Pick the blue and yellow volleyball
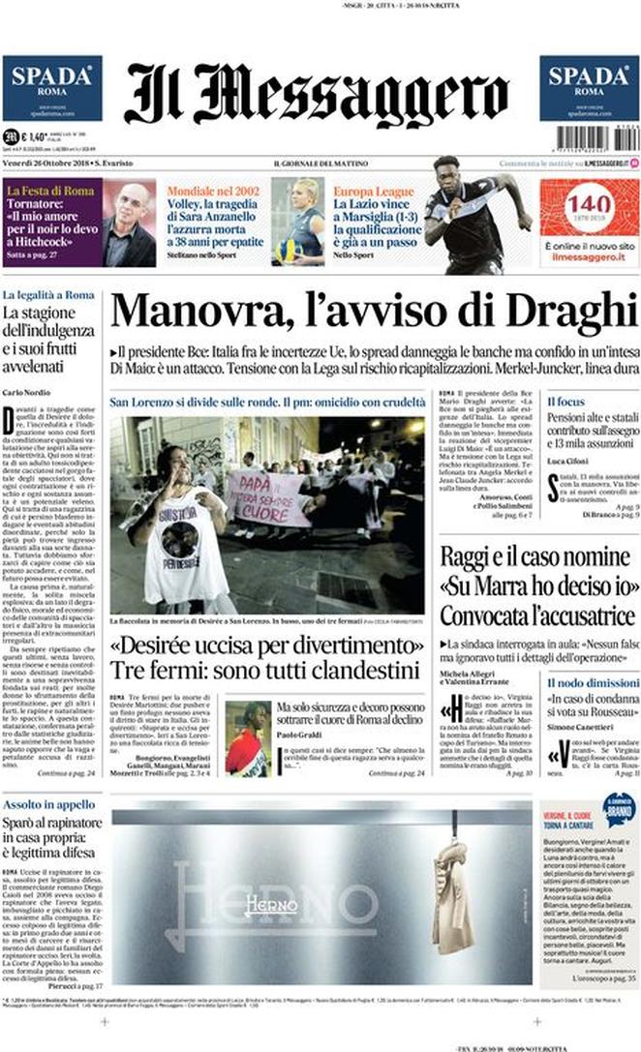tap(288, 250)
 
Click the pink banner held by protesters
tap(265, 496)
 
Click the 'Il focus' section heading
tap(565, 401)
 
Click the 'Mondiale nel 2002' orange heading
tap(213, 192)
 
